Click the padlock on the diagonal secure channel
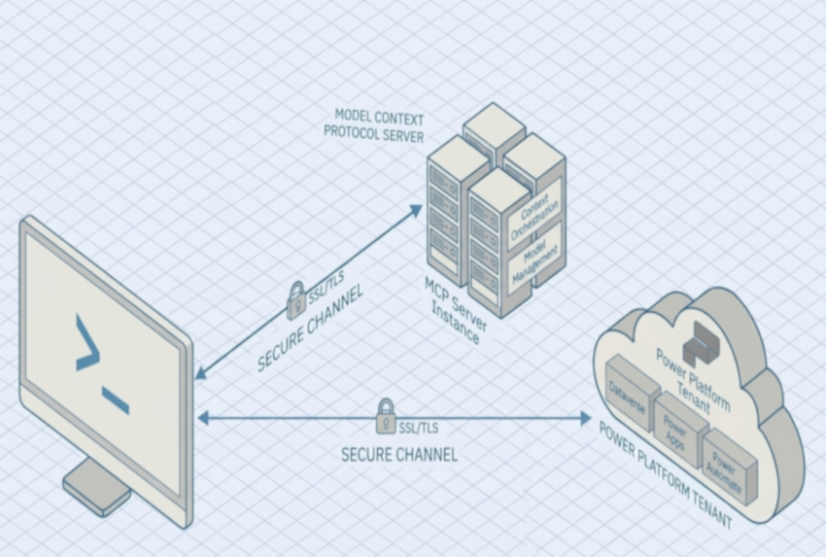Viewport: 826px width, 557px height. tap(296, 300)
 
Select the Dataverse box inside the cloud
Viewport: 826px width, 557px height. tap(627, 393)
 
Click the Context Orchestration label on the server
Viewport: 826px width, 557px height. tap(535, 216)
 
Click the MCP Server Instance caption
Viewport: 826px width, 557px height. tap(457, 310)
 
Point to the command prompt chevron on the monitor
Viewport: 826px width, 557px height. tap(87, 343)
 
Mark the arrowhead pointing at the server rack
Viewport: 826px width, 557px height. tap(419, 208)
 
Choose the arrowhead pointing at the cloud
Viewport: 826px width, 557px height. tap(585, 418)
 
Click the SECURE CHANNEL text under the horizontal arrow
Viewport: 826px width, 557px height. tap(399, 454)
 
